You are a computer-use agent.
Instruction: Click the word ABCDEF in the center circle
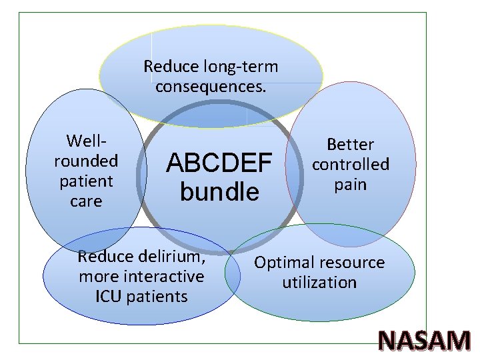click(x=219, y=162)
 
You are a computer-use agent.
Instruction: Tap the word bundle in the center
click(x=219, y=191)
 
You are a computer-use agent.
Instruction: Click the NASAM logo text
click(x=425, y=341)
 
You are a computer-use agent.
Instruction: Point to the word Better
click(x=350, y=145)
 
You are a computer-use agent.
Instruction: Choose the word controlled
click(x=351, y=164)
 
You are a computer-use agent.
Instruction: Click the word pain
click(x=351, y=184)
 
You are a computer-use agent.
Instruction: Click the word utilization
click(x=319, y=283)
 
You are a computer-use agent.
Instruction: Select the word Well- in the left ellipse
click(x=86, y=141)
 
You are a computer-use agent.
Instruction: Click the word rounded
click(x=86, y=161)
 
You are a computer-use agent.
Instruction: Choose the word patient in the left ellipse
click(x=86, y=181)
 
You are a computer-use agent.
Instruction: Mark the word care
click(x=86, y=201)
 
